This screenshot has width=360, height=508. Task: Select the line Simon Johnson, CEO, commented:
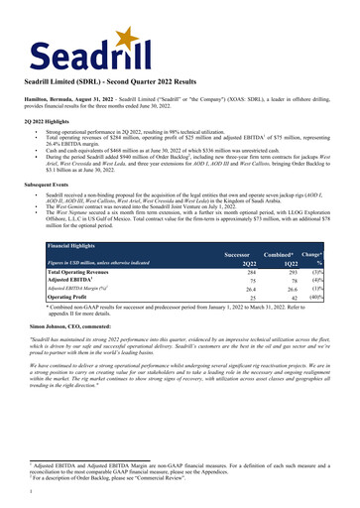(x=91, y=324)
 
